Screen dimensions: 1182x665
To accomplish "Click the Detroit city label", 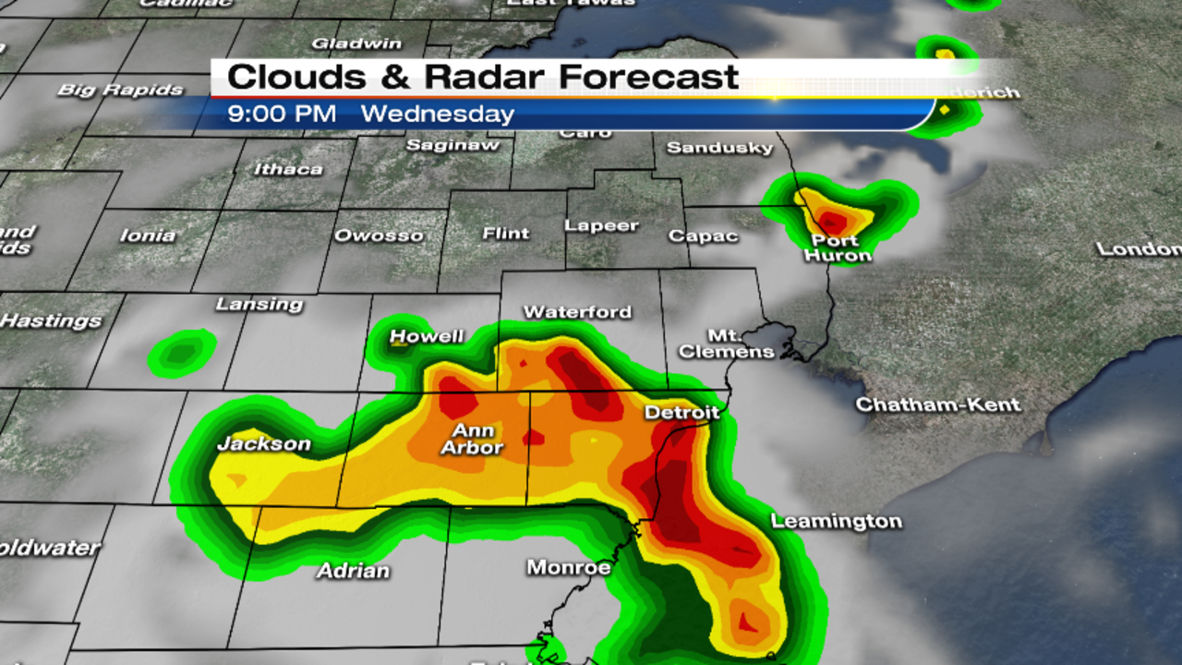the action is [681, 412].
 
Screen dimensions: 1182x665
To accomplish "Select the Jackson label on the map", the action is [263, 444].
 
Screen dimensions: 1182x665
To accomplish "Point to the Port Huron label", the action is [837, 248].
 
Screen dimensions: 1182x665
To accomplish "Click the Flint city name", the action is [506, 234].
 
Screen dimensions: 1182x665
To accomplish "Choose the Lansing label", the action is [259, 304].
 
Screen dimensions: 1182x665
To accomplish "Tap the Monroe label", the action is [569, 567].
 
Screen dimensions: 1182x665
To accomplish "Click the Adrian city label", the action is [353, 571].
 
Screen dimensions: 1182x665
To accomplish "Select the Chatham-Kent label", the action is [938, 405].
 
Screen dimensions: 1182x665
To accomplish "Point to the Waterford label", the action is [577, 312].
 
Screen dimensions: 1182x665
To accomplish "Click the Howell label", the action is [426, 336].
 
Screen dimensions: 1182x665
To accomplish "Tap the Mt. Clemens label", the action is [727, 343].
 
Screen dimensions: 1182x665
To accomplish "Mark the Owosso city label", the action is [379, 235].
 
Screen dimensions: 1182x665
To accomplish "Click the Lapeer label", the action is [601, 225].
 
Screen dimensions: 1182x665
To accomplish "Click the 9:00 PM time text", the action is [282, 115].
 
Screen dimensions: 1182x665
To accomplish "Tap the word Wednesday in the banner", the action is [437, 115].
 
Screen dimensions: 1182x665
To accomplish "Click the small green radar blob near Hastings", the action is [182, 352].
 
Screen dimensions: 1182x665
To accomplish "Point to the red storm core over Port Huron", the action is [833, 222].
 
